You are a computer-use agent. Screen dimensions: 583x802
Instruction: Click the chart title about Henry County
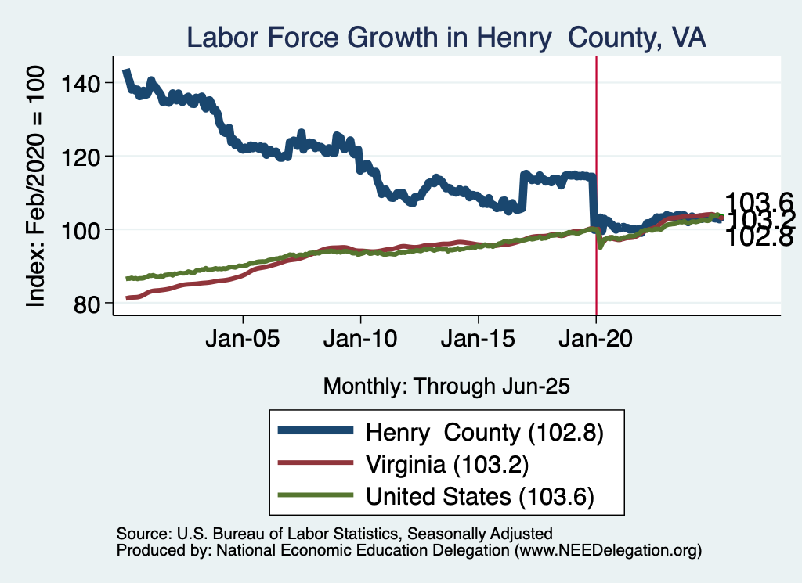tap(446, 37)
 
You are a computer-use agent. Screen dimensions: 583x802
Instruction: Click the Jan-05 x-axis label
tap(243, 341)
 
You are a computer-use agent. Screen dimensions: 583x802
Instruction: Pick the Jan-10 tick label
tap(360, 341)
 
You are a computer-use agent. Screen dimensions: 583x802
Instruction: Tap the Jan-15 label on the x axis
tap(478, 341)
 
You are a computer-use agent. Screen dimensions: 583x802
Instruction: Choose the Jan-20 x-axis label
tap(596, 341)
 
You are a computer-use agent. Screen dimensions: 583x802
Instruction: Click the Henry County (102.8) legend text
tap(484, 433)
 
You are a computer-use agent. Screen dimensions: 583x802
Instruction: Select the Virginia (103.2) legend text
tap(448, 464)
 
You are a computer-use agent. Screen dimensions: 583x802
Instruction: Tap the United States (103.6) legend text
tap(479, 495)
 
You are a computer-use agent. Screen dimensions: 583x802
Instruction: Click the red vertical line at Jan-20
tap(596, 157)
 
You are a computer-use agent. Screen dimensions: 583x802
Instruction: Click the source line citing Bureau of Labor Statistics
tap(334, 534)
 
